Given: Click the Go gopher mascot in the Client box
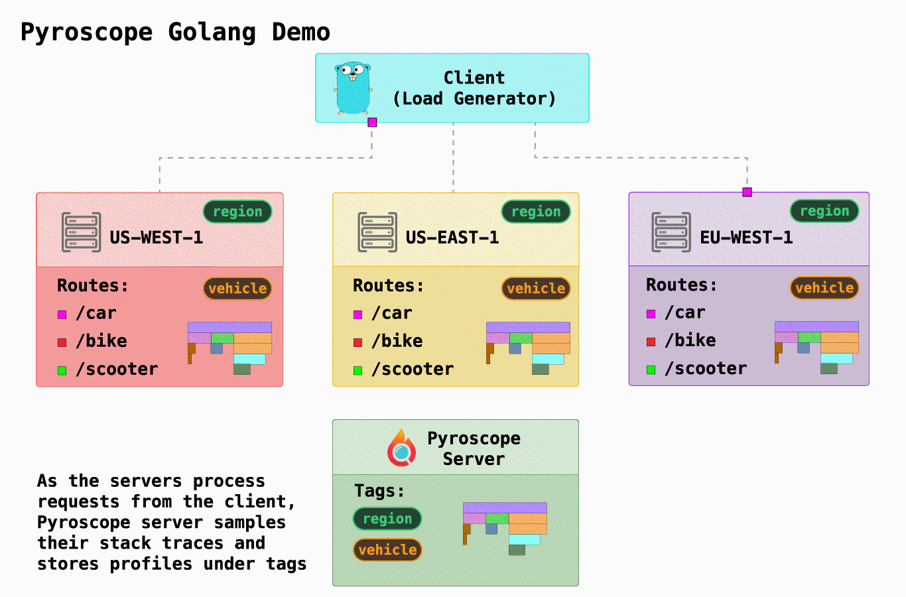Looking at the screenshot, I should [x=352, y=88].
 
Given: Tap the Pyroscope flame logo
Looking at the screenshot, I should [x=401, y=448].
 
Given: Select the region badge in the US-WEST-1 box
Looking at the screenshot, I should [x=237, y=212].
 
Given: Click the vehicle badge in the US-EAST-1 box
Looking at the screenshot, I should [x=536, y=289].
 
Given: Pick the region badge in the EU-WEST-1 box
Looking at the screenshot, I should [x=824, y=211].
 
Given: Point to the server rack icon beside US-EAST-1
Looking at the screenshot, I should [x=377, y=232].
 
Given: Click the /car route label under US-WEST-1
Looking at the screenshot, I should [x=96, y=313].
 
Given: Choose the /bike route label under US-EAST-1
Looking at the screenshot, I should [x=397, y=341].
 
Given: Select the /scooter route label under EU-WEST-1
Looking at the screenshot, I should [x=706, y=369].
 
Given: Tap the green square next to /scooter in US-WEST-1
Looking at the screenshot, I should [x=62, y=371].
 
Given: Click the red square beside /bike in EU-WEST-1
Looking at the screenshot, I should [x=651, y=342].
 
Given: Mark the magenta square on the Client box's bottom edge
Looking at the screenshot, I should [x=372, y=122].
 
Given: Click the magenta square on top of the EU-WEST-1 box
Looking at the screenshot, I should [x=747, y=192].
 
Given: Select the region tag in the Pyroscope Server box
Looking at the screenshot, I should [x=387, y=519].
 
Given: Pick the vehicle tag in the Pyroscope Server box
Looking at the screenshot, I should [x=387, y=550].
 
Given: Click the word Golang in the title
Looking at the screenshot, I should [x=212, y=32].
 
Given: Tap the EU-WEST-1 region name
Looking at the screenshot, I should [x=746, y=237].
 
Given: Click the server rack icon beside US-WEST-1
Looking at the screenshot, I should [x=81, y=232].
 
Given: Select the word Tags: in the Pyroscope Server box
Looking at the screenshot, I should [x=379, y=491].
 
